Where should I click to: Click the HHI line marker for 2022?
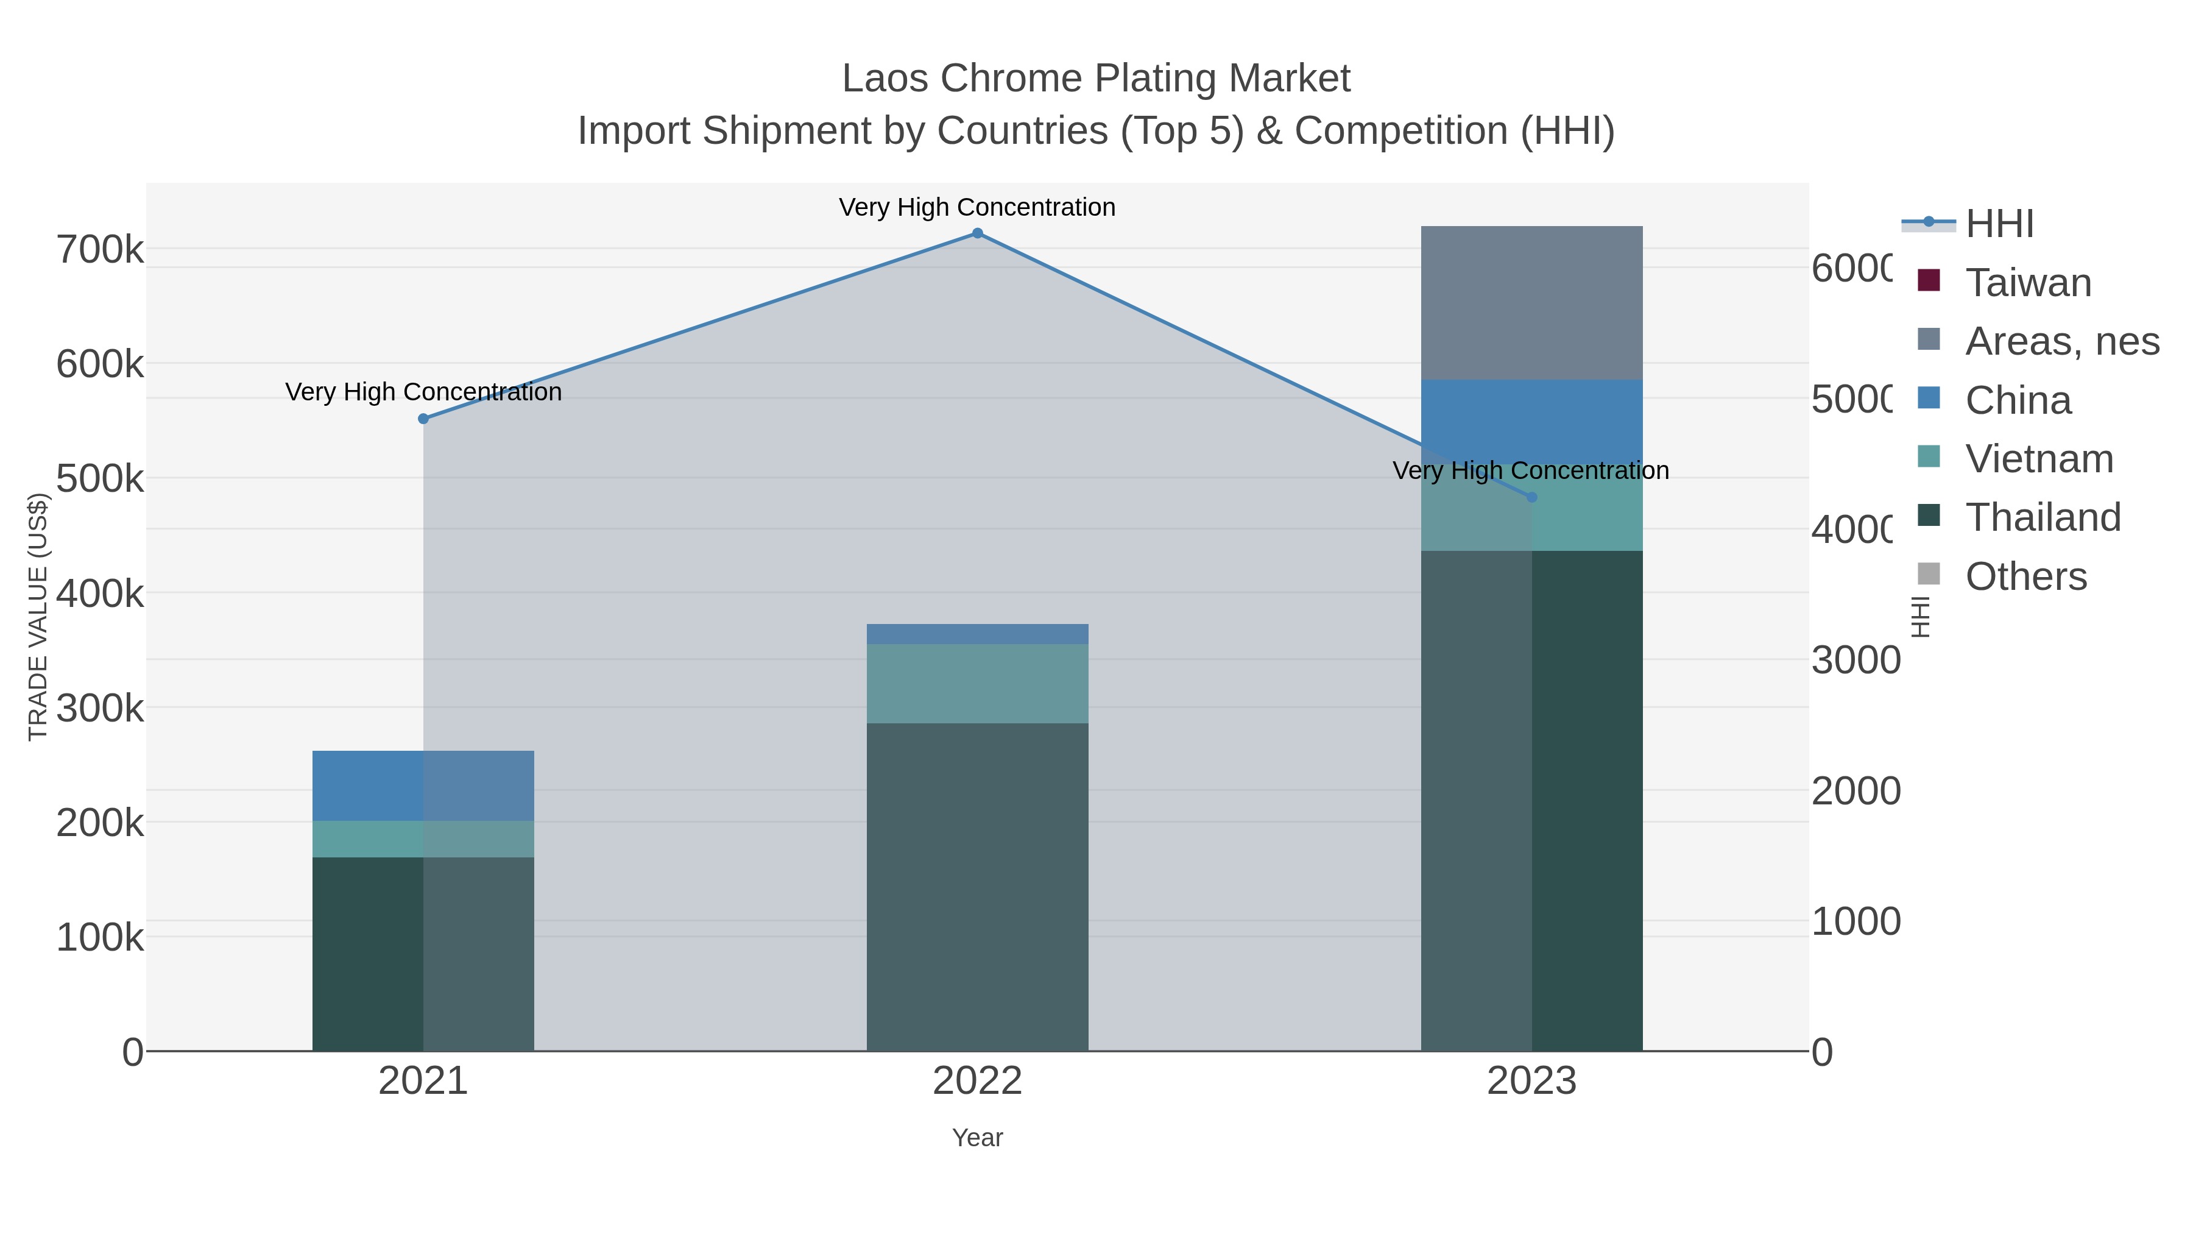977,233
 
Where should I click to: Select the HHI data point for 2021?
423,419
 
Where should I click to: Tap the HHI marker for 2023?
1531,497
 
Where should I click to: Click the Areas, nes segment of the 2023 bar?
1531,303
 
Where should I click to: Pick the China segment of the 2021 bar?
423,785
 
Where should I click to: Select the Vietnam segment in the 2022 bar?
977,684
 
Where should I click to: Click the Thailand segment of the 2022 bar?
977,885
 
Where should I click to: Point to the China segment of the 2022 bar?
977,634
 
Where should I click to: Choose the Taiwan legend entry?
2028,283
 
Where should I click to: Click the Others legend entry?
2025,576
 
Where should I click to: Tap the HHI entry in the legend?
1999,224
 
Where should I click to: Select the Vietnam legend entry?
2038,459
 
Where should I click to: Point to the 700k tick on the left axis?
100,250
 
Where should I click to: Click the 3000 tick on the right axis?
1855,661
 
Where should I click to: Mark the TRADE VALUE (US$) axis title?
38,617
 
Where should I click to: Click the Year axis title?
977,1138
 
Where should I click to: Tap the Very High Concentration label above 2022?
976,207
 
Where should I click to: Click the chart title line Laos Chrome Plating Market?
1096,79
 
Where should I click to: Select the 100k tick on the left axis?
100,938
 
